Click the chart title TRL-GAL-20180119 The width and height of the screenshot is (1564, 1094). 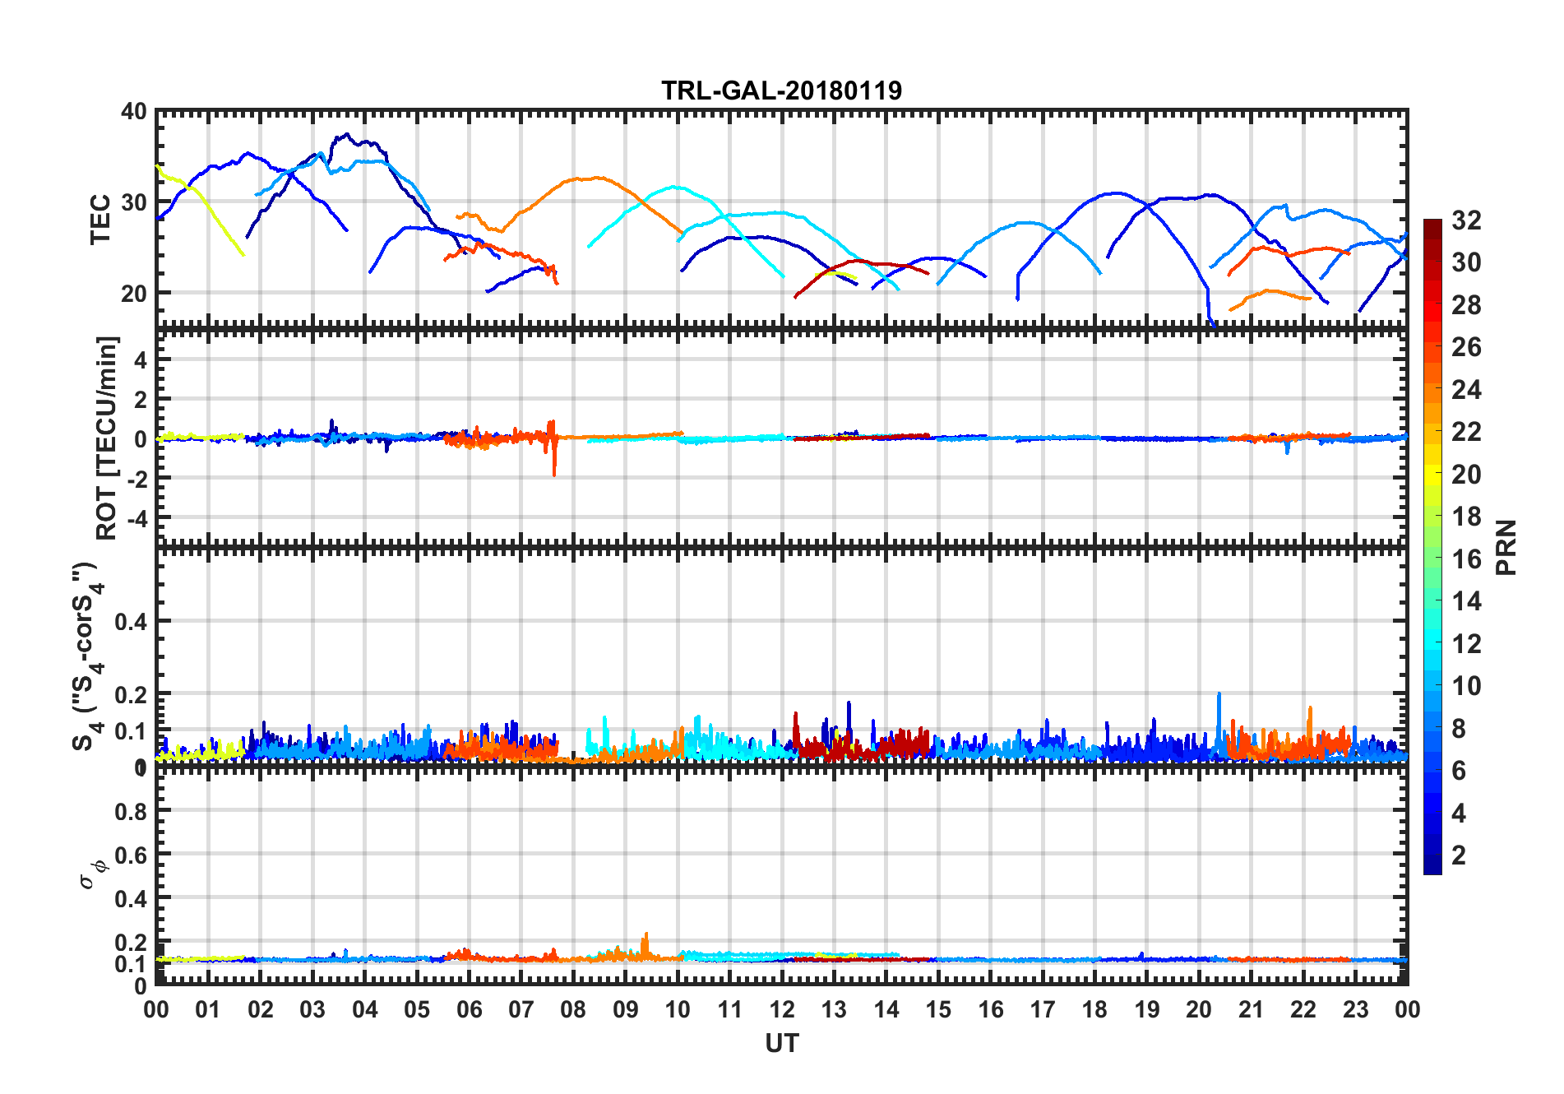click(781, 90)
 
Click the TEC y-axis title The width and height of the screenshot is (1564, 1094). click(100, 219)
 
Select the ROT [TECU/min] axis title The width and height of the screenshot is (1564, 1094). click(107, 437)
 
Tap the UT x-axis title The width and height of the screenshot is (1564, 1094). click(781, 1043)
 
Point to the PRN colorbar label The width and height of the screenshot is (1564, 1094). click(1506, 547)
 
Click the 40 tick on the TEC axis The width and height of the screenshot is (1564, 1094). click(134, 112)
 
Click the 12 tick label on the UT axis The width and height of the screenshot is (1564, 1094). click(782, 1009)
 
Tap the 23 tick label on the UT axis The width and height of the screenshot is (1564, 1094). click(1355, 1009)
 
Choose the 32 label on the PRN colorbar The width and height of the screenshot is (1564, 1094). click(1466, 220)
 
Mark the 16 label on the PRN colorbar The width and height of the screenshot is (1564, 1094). click(1466, 559)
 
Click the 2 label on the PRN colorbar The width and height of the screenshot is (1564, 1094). click(1459, 855)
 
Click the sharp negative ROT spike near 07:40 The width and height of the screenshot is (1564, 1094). click(554, 471)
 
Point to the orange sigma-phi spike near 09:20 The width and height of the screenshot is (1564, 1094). click(645, 937)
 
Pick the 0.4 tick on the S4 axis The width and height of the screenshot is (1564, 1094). click(132, 622)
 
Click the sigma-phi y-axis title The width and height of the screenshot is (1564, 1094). click(92, 874)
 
